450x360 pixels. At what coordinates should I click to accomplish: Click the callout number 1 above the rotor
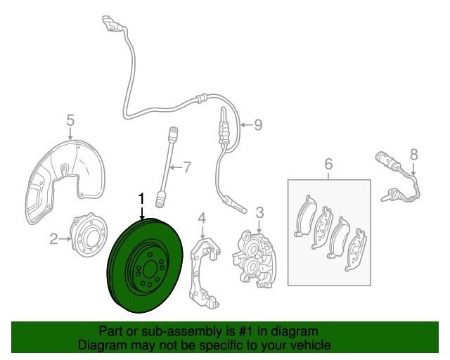[x=141, y=200]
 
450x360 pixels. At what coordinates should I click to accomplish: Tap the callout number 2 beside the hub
[x=53, y=239]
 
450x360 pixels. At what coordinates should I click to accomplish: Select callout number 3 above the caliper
[x=259, y=213]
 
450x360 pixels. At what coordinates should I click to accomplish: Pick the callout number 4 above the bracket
[x=202, y=218]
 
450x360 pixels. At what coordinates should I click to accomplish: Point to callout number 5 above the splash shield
[x=70, y=120]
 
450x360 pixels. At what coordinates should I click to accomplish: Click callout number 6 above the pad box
[x=328, y=164]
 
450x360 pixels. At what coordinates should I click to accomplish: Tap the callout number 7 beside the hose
[x=187, y=167]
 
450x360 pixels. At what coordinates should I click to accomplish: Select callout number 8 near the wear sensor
[x=413, y=155]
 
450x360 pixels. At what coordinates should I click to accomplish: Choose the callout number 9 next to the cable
[x=258, y=125]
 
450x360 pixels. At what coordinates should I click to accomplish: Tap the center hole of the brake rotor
[x=150, y=269]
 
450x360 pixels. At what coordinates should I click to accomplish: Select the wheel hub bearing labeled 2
[x=89, y=235]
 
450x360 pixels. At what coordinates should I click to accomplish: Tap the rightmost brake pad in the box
[x=356, y=250]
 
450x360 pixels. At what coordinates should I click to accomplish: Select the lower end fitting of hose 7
[x=160, y=199]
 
